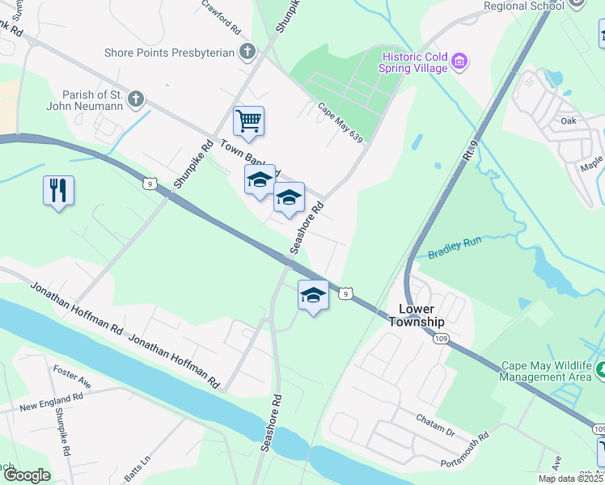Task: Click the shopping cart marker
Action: tap(248, 121)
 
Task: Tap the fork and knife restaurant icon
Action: tap(58, 191)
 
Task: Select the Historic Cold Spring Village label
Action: tap(414, 62)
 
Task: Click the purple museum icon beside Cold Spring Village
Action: tap(459, 61)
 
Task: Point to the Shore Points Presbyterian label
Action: tap(169, 53)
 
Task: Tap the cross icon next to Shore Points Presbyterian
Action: tap(247, 53)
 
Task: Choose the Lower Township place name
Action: tap(417, 315)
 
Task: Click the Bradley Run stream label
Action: tap(454, 247)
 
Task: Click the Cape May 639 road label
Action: tap(340, 119)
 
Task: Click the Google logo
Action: tap(27, 475)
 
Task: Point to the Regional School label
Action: tap(523, 6)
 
